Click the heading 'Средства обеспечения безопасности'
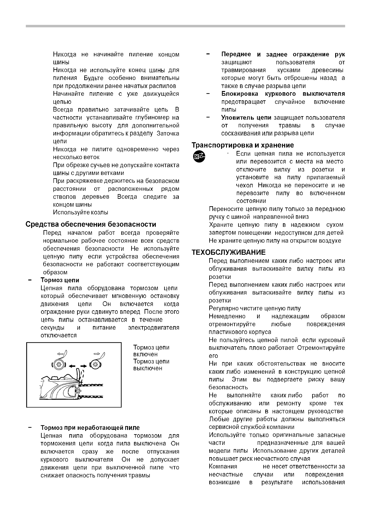[x=91, y=224]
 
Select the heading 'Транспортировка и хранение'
[x=243, y=145]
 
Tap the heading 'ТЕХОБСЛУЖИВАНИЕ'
[x=229, y=252]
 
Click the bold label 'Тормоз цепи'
[x=60, y=280]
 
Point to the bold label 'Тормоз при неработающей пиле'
[x=90, y=428]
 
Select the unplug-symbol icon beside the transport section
[x=198, y=157]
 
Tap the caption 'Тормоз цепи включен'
[x=151, y=351]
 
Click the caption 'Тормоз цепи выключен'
[x=151, y=365]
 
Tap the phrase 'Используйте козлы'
[x=81, y=212]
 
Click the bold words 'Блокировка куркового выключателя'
[x=283, y=94]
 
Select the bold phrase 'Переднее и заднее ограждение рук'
[x=283, y=54]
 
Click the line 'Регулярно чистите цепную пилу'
[x=255, y=308]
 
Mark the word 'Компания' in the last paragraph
[x=223, y=466]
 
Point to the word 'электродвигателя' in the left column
[x=154, y=328]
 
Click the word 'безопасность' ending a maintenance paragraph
[x=228, y=387]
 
